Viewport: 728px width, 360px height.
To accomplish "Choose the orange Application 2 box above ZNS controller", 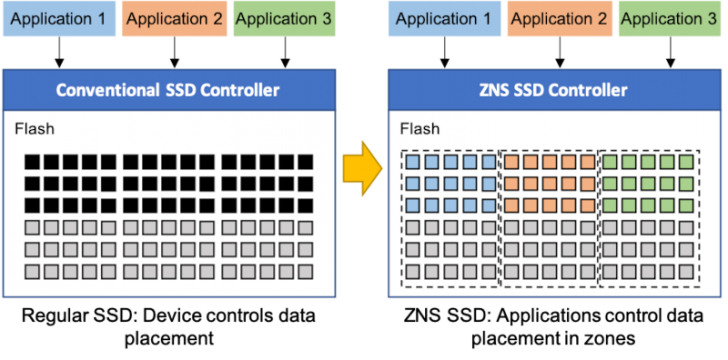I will [x=558, y=18].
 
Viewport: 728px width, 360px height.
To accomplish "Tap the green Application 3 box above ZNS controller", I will [x=668, y=18].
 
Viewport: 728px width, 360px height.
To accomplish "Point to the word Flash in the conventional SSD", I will [x=34, y=128].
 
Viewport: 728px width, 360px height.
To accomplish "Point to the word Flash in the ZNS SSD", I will [x=419, y=128].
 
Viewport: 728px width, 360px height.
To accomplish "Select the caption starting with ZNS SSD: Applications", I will [x=554, y=325].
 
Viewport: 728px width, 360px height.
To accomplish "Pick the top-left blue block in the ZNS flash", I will [x=411, y=162].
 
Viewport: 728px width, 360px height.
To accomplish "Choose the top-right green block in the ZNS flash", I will [x=686, y=162].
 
